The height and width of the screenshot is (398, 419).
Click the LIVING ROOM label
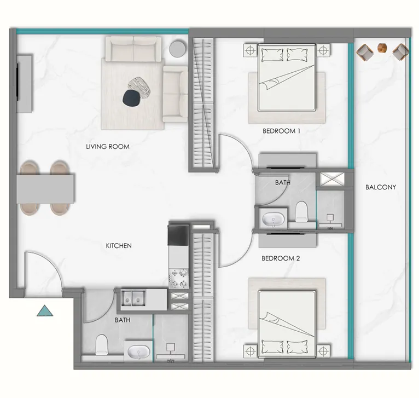coord(107,147)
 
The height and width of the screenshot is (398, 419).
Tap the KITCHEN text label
coord(119,246)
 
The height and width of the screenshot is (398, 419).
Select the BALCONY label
coord(380,187)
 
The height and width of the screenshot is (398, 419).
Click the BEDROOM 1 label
coord(282,131)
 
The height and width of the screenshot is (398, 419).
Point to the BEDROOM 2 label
coord(281,257)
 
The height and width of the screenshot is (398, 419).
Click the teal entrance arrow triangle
coord(45,312)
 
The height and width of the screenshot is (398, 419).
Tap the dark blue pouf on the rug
coord(131,98)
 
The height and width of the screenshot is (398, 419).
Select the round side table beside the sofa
coord(178,49)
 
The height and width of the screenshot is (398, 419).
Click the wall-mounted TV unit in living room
coord(24,83)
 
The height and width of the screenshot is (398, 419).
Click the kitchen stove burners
coord(178,278)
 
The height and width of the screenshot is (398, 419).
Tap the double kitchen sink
coord(133,298)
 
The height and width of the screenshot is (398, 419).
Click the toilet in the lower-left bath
coord(102,345)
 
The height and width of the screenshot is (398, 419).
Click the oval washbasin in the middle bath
coord(272,220)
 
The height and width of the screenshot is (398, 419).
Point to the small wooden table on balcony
coord(382,48)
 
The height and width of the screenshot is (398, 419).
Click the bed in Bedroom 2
coord(287,320)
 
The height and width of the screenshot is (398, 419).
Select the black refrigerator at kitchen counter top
coord(178,234)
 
